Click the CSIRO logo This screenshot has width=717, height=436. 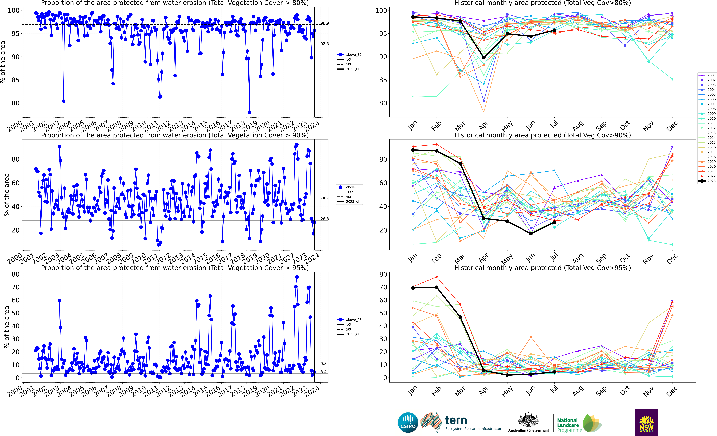click(408, 422)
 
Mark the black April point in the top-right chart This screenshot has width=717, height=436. click(484, 58)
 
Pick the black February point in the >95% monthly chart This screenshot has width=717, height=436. click(436, 287)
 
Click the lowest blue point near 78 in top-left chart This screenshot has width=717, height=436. click(249, 112)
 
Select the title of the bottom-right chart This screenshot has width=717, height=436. click(542, 268)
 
